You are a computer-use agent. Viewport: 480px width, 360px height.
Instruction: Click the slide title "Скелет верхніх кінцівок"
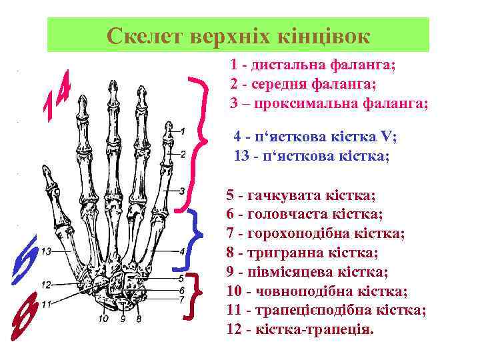tap(238, 35)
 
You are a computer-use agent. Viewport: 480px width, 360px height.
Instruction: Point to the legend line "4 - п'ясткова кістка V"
tap(315, 137)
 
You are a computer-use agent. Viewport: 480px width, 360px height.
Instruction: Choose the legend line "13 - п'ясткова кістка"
tap(311, 156)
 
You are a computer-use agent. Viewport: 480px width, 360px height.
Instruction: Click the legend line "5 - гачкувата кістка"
tap(301, 195)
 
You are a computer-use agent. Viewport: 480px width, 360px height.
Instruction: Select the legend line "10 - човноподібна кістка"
tap(317, 291)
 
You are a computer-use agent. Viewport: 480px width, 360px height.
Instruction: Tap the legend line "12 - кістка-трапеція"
tap(301, 329)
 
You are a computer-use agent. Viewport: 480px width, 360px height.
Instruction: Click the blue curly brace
tap(193, 237)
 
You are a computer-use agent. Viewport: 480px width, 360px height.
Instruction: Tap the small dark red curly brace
tap(195, 294)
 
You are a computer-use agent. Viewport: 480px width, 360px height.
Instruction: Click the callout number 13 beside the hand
tap(46, 252)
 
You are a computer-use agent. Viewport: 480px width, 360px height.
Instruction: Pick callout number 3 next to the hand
tap(182, 191)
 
